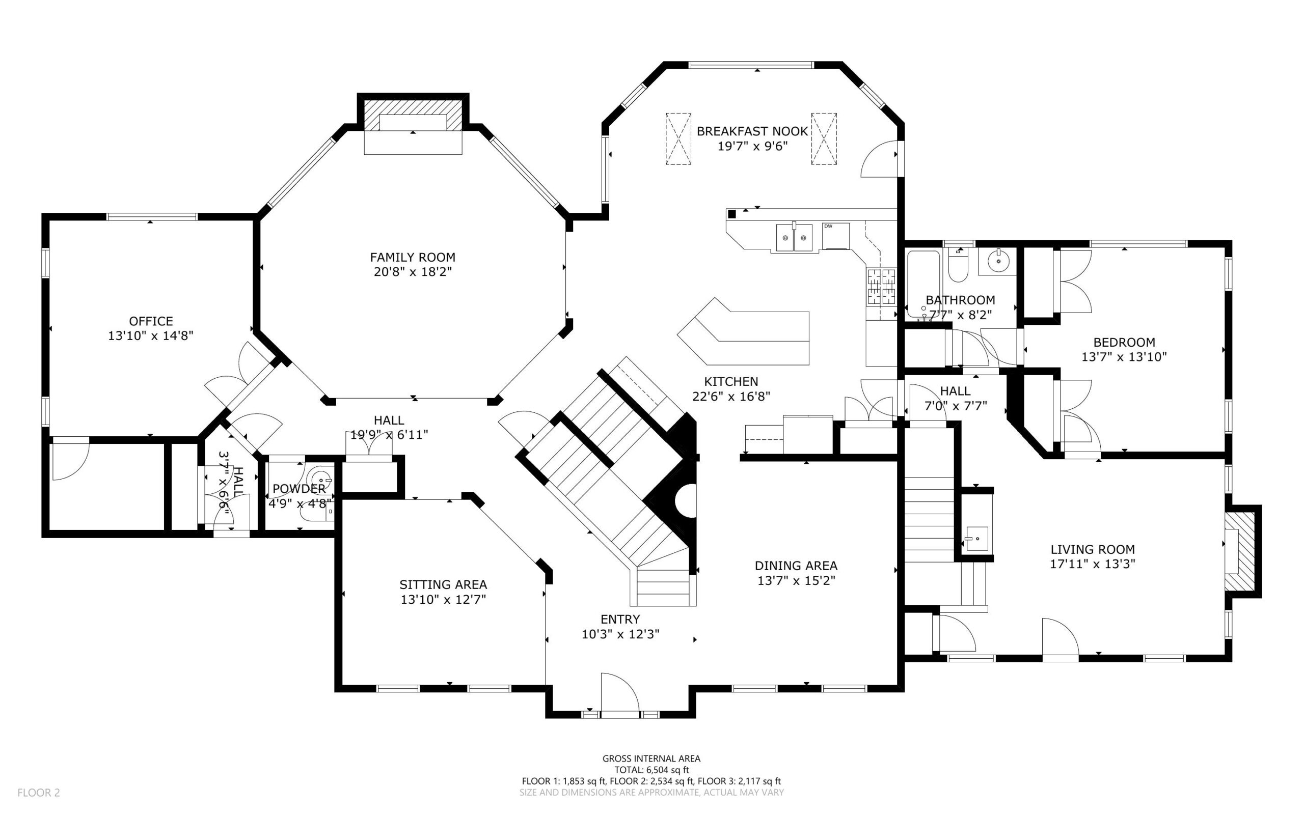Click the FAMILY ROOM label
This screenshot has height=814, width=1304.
click(x=413, y=258)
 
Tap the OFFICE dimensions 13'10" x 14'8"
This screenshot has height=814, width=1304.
click(x=151, y=336)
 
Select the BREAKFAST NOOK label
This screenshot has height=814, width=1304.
click(x=752, y=131)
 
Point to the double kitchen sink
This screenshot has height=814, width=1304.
click(x=795, y=237)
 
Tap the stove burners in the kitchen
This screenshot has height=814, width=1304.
click(x=881, y=287)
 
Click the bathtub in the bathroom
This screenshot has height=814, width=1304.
click(x=923, y=283)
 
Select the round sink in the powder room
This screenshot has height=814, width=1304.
click(x=322, y=478)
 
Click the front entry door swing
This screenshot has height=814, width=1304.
click(x=619, y=694)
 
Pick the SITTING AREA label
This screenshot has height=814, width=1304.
click(x=443, y=584)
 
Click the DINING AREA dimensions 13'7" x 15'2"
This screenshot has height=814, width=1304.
click(x=796, y=580)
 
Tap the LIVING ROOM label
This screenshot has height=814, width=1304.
click(x=1093, y=550)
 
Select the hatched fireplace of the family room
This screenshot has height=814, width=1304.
click(x=413, y=114)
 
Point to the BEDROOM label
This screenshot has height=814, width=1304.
click(x=1124, y=343)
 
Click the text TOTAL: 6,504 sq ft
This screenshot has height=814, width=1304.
click(x=651, y=770)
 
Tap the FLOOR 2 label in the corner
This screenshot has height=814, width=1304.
click(x=39, y=793)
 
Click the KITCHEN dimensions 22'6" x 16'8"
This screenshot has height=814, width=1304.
click(x=731, y=397)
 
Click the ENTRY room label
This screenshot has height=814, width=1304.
click(x=620, y=619)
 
